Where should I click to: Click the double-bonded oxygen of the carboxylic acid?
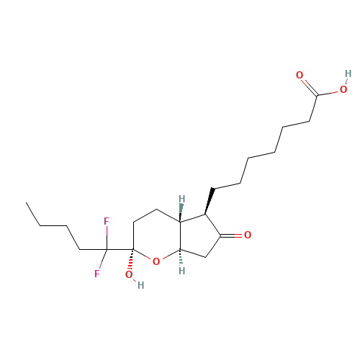click(300, 75)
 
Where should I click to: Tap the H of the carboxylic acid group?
click(348, 73)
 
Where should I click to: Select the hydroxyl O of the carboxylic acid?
click(343, 91)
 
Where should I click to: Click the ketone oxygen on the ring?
click(248, 235)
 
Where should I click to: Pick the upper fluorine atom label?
click(106, 221)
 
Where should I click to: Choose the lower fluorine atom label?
click(96, 274)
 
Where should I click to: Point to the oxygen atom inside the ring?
click(156, 261)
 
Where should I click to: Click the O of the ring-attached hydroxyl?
click(129, 274)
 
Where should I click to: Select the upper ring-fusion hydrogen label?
click(181, 199)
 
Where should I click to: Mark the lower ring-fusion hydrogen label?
click(181, 271)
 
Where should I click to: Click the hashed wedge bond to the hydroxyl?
click(131, 261)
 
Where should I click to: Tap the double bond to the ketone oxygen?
click(235, 235)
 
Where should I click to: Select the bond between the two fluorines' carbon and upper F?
click(107, 235)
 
